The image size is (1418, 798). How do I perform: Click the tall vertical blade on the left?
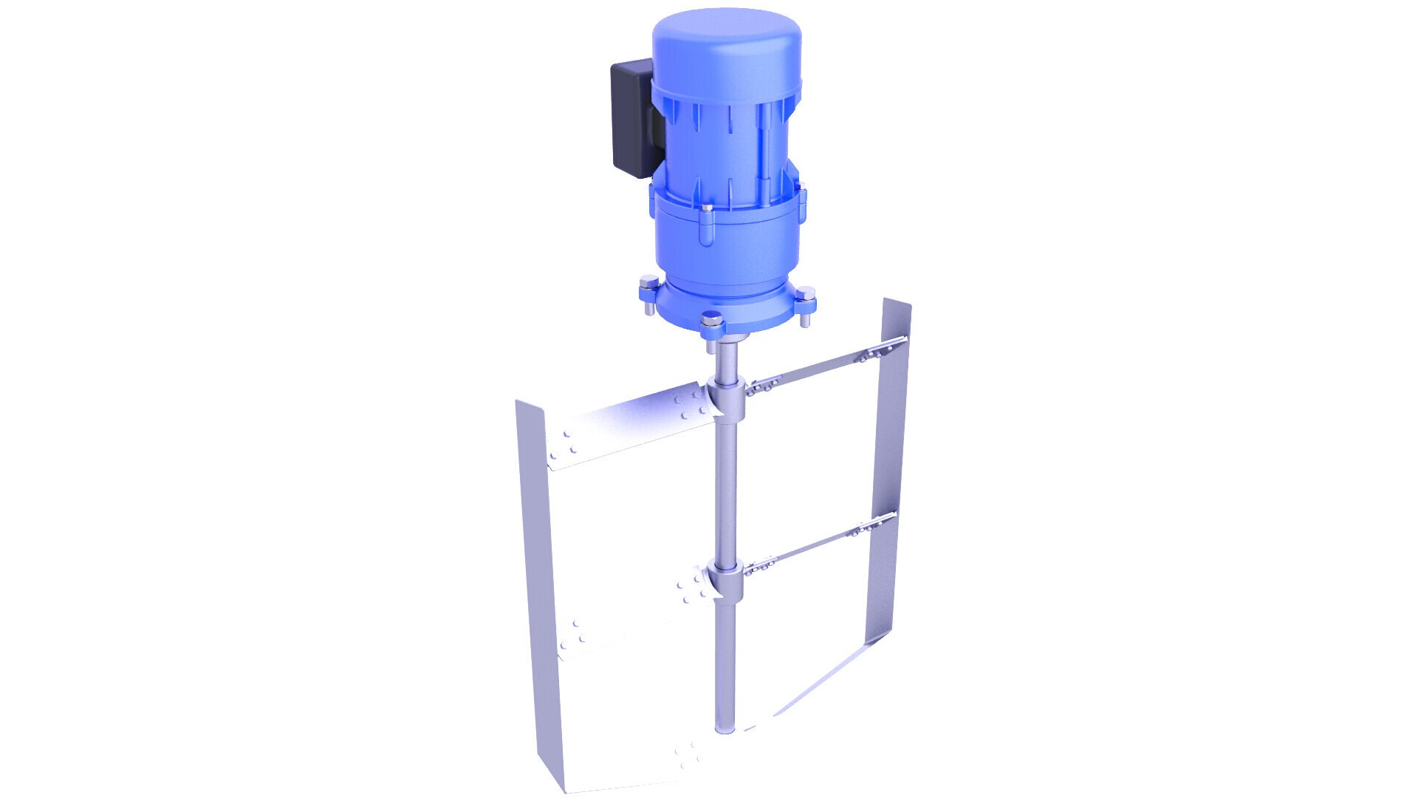[535, 591]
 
